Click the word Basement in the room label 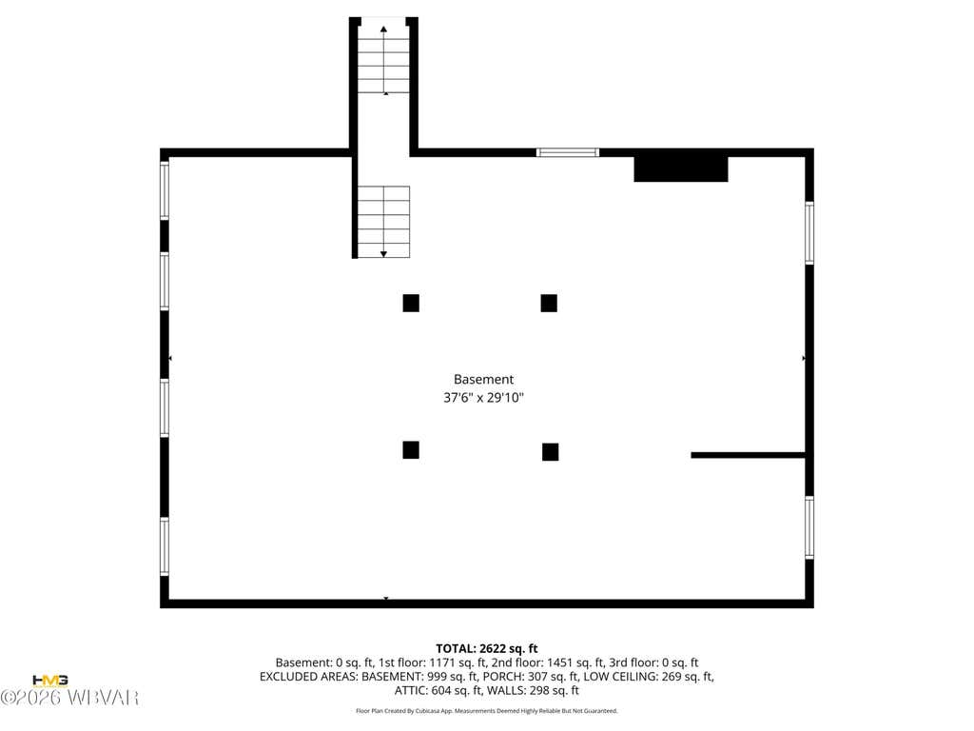[x=483, y=379]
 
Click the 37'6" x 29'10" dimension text [x=483, y=398]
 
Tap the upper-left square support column [x=411, y=303]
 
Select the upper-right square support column [x=549, y=303]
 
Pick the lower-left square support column [x=411, y=449]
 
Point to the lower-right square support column [x=550, y=452]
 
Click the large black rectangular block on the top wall [x=681, y=169]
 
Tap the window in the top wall [x=568, y=152]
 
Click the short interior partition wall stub [x=748, y=455]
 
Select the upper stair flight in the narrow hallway [x=383, y=60]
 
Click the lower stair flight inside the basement [x=383, y=221]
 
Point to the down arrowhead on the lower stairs [x=383, y=254]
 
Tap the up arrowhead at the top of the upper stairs [x=383, y=30]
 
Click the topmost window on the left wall [x=165, y=190]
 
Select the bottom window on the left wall [x=165, y=546]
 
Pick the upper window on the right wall [x=809, y=233]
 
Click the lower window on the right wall [x=809, y=527]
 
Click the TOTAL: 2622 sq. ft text [x=486, y=649]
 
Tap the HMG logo [x=49, y=681]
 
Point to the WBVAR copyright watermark [x=68, y=698]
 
